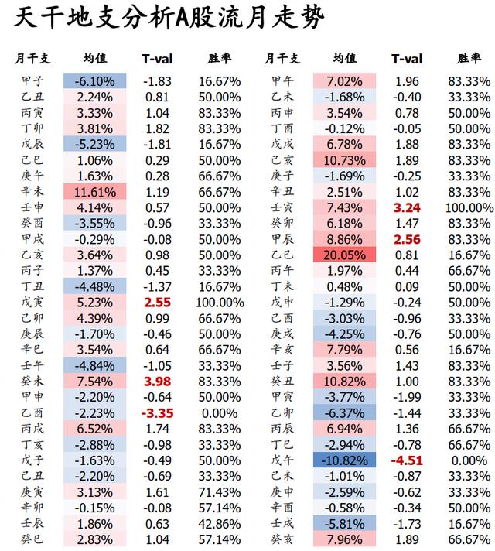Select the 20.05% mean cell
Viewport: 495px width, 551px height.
click(344, 255)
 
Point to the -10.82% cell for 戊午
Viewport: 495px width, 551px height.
click(344, 460)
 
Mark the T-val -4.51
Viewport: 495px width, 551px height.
click(407, 460)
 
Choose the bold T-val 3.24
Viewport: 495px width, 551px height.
click(407, 207)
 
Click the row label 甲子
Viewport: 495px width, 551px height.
click(33, 81)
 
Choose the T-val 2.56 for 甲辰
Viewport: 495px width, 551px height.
click(407, 239)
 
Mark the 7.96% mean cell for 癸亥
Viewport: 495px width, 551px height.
click(344, 539)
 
